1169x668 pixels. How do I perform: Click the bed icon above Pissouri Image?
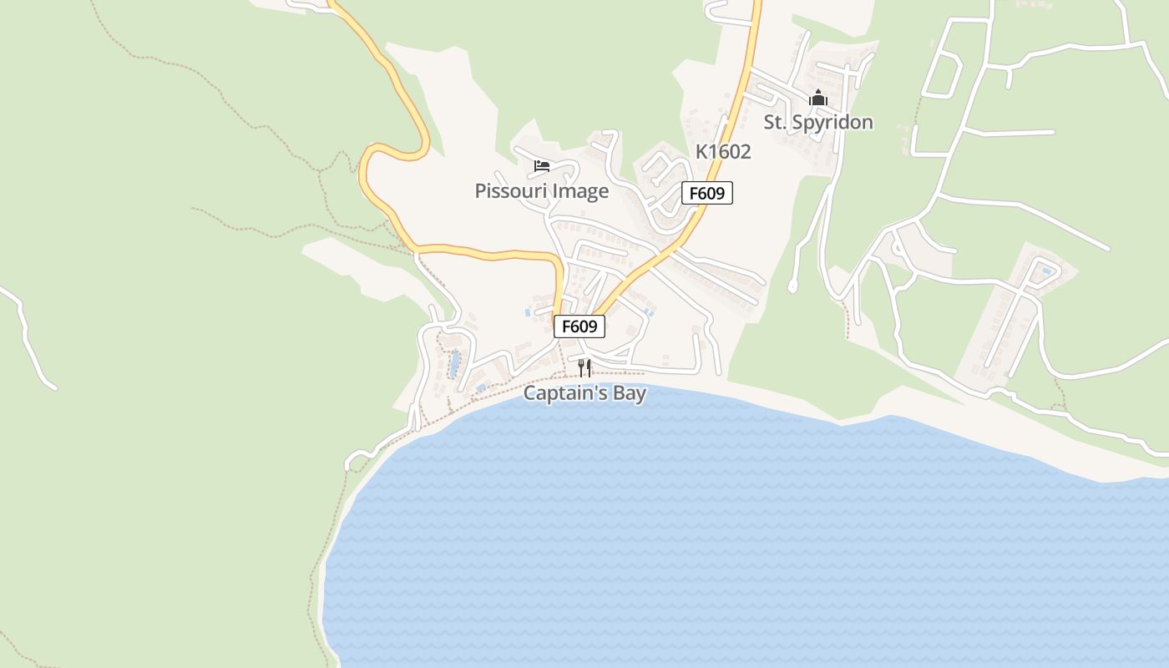tap(542, 165)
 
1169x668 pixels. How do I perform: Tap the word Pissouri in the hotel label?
tap(510, 191)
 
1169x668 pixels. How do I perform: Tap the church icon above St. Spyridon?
tap(817, 98)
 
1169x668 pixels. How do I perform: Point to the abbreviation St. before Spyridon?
tap(775, 123)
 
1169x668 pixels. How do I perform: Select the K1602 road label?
tap(723, 152)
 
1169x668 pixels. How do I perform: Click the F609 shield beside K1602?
tap(707, 194)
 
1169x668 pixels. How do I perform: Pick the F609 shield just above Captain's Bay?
tap(579, 326)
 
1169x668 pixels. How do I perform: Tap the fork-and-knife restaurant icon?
tap(584, 367)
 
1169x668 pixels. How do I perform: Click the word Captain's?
tap(564, 393)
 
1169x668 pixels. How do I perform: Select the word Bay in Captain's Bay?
tap(629, 393)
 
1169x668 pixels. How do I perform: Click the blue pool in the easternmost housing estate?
tap(1045, 271)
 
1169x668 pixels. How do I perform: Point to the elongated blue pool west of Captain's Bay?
tap(454, 364)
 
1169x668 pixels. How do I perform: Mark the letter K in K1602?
tap(701, 152)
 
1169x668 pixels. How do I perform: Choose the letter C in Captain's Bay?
tap(529, 393)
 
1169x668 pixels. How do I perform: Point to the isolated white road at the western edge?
tap(29, 338)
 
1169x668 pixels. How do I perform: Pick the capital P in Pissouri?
tap(480, 191)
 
